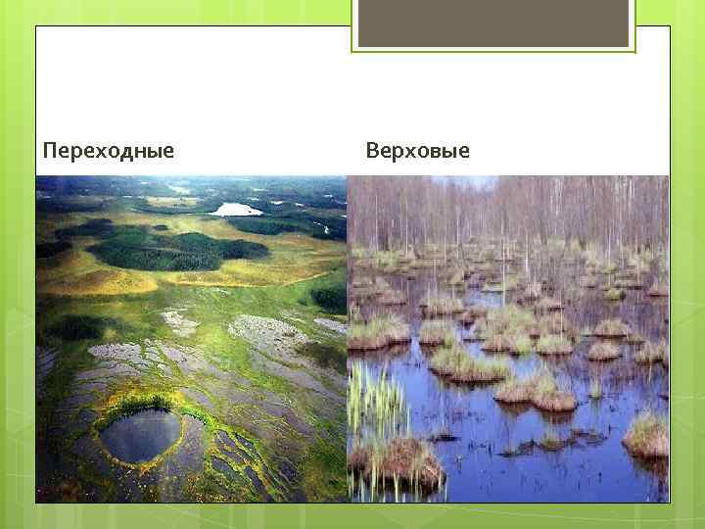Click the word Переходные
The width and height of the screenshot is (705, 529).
coord(109,151)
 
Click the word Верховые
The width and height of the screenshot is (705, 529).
coord(417,151)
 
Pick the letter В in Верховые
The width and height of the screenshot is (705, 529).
coord(373,151)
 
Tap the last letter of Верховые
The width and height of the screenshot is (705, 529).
coord(463,152)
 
